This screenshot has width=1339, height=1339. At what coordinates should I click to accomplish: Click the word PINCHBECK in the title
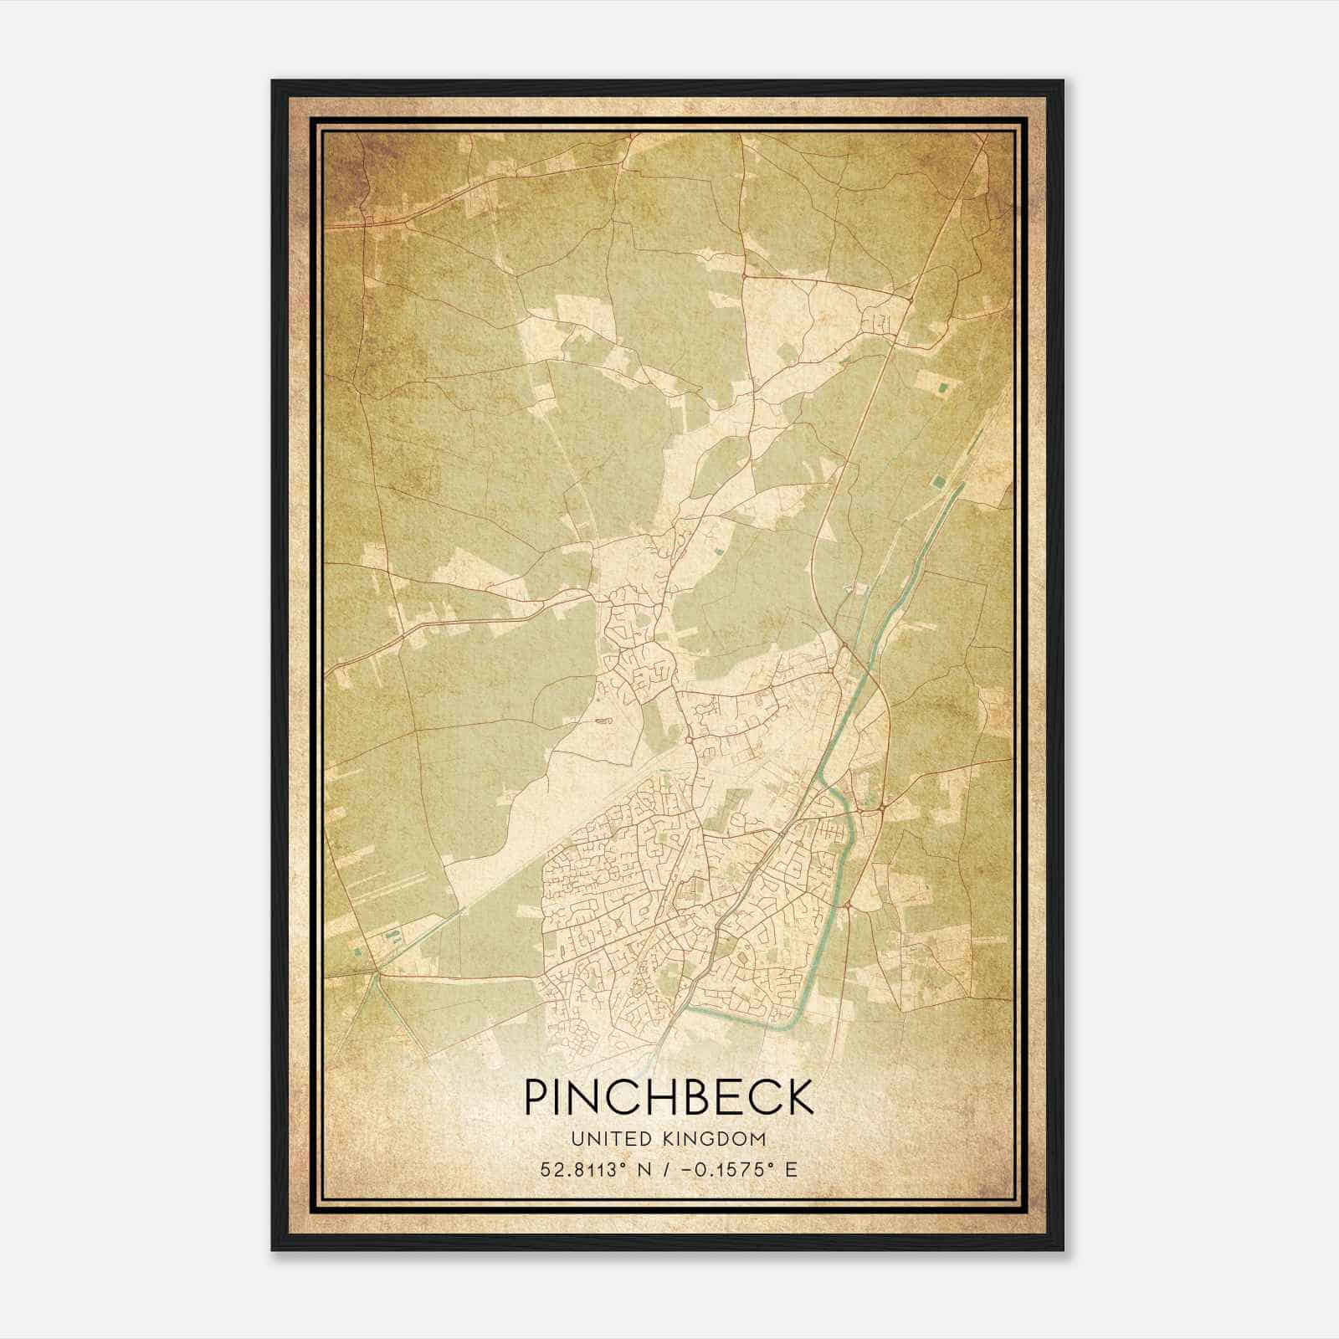(669, 1097)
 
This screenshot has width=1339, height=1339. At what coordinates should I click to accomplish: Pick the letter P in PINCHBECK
(534, 1097)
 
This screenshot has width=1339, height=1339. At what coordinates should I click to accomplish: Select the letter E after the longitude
(791, 1169)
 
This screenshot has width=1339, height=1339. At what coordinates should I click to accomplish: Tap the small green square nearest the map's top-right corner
(946, 387)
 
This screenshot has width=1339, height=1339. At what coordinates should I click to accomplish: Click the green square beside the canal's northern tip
(937, 481)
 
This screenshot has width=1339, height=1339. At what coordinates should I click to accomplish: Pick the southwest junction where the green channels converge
(376, 973)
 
